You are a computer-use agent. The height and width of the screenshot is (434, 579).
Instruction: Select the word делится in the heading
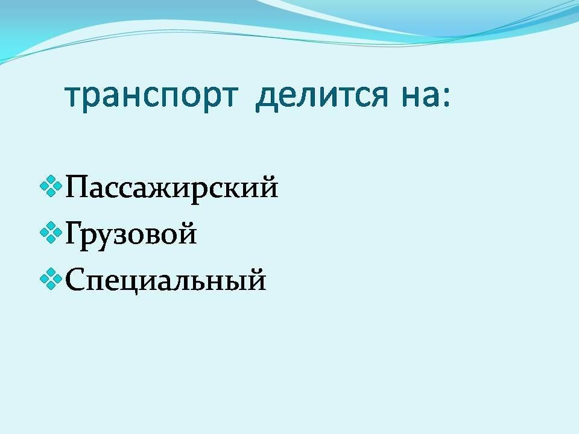321,96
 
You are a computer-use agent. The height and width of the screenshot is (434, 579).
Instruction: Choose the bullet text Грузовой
131,234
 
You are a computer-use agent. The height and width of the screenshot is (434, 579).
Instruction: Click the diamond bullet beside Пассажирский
51,186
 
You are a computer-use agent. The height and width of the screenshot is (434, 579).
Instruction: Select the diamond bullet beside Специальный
51,279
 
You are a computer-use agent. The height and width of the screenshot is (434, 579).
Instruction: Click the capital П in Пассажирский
78,187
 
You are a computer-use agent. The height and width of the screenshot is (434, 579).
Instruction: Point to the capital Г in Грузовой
75,233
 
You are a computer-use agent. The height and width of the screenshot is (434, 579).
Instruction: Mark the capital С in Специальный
77,279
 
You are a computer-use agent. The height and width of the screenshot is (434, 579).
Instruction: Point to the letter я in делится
379,98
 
